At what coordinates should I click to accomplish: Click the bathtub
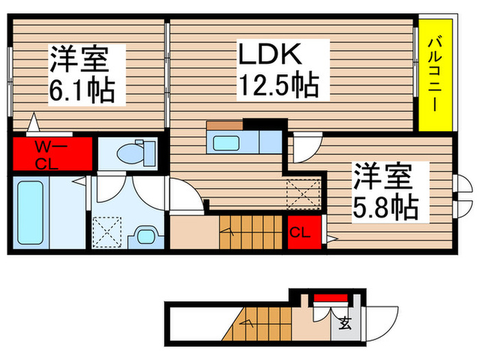(30, 213)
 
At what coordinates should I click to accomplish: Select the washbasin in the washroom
(146, 236)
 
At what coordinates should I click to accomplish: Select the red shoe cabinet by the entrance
(331, 298)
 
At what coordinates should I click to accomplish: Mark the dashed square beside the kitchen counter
(304, 193)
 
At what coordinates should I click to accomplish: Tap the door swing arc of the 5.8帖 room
(304, 144)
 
